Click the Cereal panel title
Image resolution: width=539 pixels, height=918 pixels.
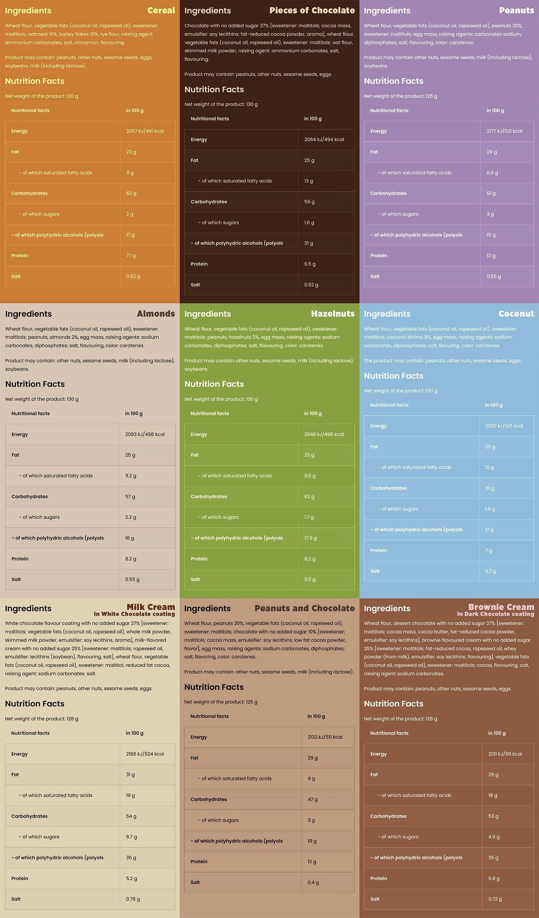pyautogui.click(x=161, y=10)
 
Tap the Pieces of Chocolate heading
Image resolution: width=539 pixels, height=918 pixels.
pyautogui.click(x=312, y=10)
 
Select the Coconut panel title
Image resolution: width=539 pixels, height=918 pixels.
pyautogui.click(x=516, y=314)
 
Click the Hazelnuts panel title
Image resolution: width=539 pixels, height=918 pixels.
pyautogui.click(x=332, y=314)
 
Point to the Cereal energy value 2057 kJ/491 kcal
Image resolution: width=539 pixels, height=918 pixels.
pyautogui.click(x=145, y=131)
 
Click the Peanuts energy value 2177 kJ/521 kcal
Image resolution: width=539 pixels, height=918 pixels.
pyautogui.click(x=505, y=131)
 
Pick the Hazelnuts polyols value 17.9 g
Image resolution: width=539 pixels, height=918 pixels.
pyautogui.click(x=310, y=538)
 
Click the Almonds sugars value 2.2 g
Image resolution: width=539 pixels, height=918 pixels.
pyautogui.click(x=130, y=517)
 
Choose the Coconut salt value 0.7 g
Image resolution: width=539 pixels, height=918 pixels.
pyautogui.click(x=490, y=571)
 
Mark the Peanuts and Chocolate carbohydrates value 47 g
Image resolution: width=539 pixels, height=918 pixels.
pyautogui.click(x=313, y=799)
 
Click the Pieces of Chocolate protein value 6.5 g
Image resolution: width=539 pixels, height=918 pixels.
pyautogui.click(x=310, y=264)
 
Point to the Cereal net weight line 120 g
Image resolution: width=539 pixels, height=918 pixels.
pyautogui.click(x=42, y=96)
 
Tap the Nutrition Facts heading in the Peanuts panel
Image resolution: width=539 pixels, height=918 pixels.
pyautogui.click(x=394, y=81)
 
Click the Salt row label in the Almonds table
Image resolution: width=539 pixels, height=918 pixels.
pyautogui.click(x=16, y=579)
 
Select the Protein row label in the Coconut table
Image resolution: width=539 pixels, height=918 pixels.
pyautogui.click(x=379, y=550)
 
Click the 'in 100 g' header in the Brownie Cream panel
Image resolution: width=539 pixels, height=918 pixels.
pyautogui.click(x=497, y=733)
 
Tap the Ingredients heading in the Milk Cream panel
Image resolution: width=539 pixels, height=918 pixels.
pyautogui.click(x=28, y=609)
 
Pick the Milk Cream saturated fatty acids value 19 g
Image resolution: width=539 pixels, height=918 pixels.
pyautogui.click(x=130, y=795)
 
